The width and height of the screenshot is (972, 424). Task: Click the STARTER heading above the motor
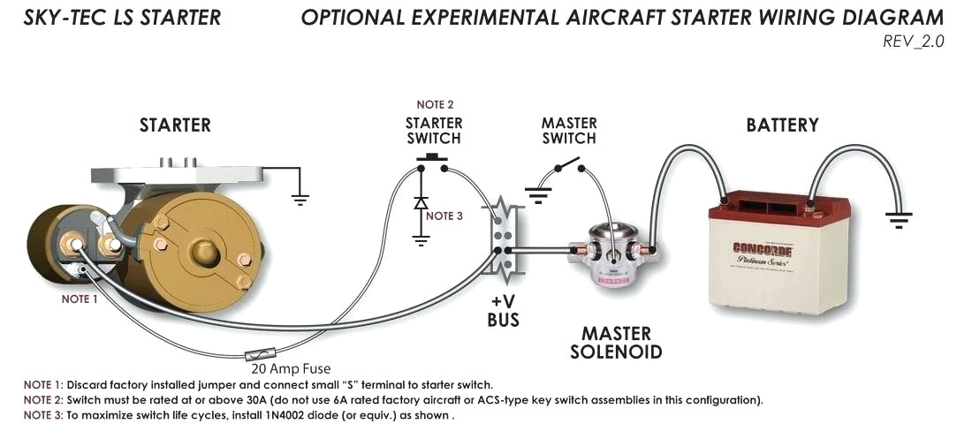tap(175, 125)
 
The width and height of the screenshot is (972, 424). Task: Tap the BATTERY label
tap(782, 125)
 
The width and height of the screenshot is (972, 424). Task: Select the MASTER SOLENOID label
tap(616, 344)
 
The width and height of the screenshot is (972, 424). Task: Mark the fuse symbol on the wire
tap(262, 354)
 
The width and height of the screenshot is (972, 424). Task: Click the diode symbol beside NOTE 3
tap(421, 201)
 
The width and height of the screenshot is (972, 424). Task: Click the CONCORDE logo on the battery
tap(762, 250)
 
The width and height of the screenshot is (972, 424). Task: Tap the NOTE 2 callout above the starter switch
tap(435, 105)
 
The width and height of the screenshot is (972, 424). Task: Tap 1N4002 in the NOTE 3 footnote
tap(283, 415)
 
